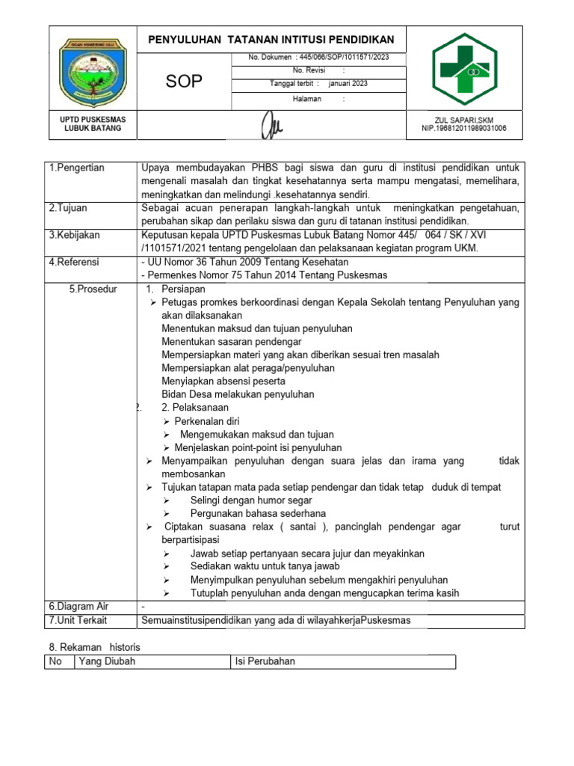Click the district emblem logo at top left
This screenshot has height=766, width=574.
(x=93, y=71)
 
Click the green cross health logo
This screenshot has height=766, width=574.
(x=464, y=70)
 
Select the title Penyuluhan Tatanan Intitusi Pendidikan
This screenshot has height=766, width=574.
(x=272, y=40)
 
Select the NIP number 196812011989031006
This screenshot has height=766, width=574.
(x=463, y=129)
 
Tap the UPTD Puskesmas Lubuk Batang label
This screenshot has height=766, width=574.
(x=93, y=124)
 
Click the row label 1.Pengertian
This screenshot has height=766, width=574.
(x=77, y=168)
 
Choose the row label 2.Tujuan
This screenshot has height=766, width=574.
(x=70, y=208)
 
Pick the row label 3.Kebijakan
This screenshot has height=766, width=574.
(x=74, y=235)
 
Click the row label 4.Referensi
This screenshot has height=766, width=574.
(x=74, y=262)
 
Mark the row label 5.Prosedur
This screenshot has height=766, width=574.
(x=93, y=289)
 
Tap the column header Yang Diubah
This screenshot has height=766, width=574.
(x=107, y=661)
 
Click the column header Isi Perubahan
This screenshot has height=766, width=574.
(x=265, y=661)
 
